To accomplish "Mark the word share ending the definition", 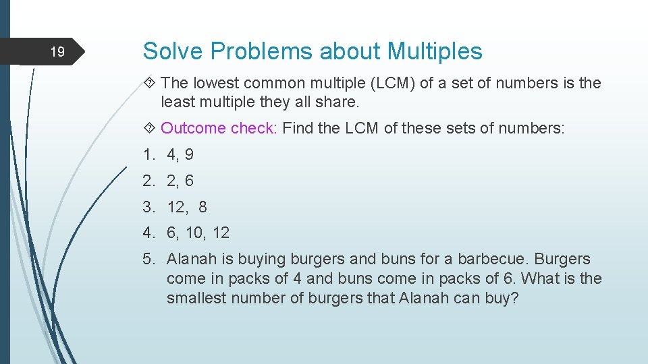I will click(339, 102).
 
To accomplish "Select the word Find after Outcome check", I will click(298, 128).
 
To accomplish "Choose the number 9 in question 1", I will click(189, 154).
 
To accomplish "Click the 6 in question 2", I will click(189, 181).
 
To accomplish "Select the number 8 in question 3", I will click(202, 207).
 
